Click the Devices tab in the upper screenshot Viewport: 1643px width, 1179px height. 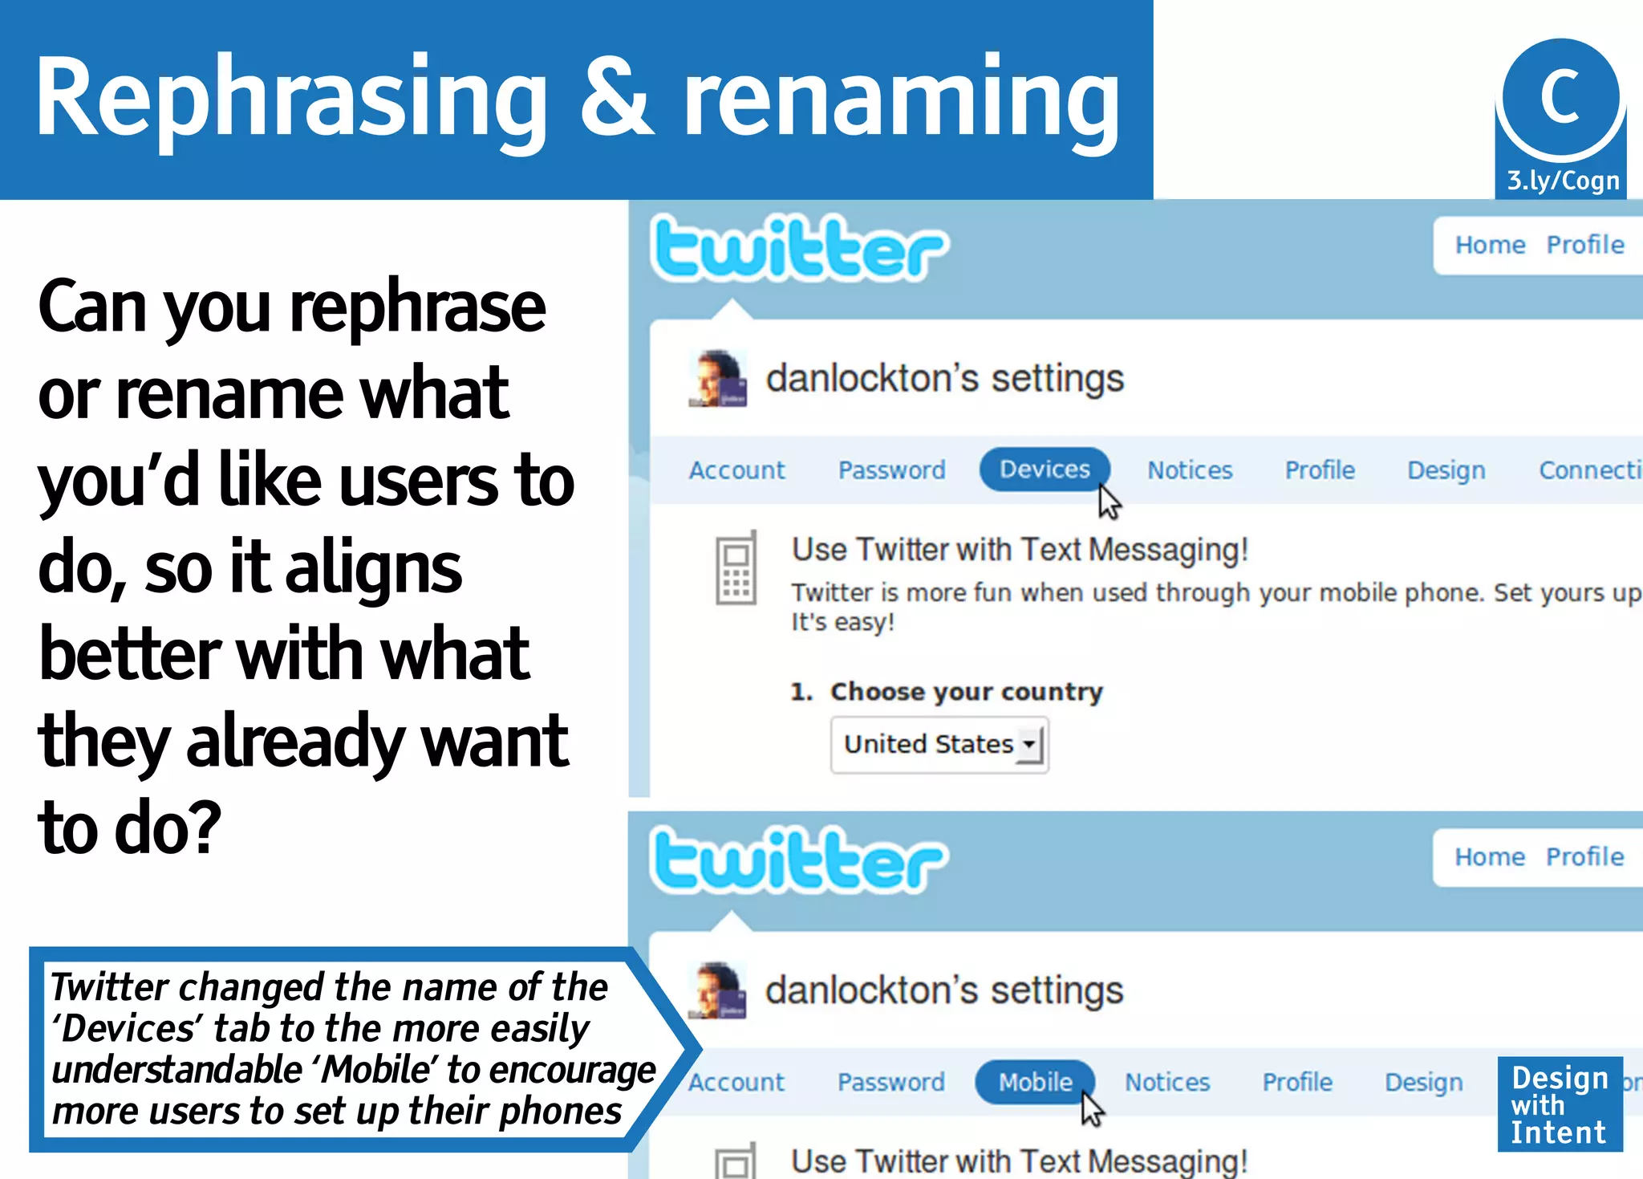point(1045,470)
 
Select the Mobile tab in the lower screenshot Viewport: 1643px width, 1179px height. point(1035,1082)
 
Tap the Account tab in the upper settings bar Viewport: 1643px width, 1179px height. point(736,470)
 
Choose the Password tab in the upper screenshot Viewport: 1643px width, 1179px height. point(891,470)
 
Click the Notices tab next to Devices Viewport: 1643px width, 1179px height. point(1189,470)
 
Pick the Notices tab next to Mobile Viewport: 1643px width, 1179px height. point(1166,1083)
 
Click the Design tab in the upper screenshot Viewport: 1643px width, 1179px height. point(1446,470)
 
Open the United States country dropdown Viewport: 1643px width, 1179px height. point(939,745)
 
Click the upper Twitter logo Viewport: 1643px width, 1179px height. point(799,248)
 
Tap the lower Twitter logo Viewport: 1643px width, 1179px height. point(799,860)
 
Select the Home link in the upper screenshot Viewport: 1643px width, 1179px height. point(1490,245)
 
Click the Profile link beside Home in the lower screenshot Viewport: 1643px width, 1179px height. point(1584,857)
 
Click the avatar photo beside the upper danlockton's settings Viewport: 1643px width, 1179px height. point(718,379)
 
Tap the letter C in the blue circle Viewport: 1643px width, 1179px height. point(1560,96)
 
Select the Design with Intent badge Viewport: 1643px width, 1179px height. point(1559,1104)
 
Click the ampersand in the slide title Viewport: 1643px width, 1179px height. point(616,96)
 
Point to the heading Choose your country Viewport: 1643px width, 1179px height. point(966,692)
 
